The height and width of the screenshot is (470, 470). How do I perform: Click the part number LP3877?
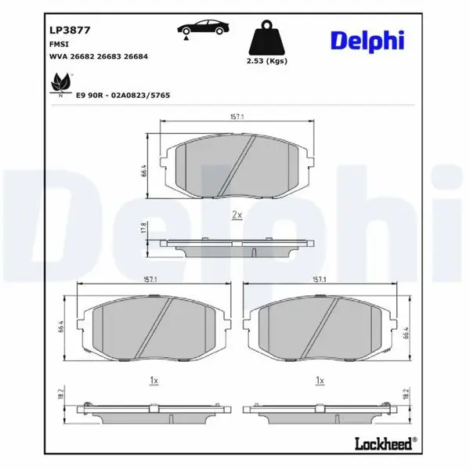tap(70, 31)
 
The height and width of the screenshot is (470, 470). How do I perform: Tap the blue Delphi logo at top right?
tap(367, 42)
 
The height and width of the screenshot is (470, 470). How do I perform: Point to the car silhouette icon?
tap(203, 28)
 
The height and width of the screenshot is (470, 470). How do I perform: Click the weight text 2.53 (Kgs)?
tap(267, 61)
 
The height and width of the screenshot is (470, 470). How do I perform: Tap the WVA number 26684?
tap(136, 56)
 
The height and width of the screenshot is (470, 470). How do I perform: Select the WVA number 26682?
tap(82, 56)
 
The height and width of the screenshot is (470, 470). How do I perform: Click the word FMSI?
tap(59, 44)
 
